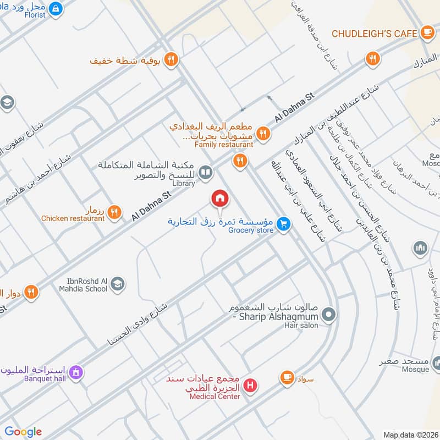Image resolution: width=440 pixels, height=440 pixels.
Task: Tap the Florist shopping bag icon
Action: click(x=56, y=9)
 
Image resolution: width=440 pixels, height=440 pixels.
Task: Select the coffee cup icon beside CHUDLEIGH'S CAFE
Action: click(x=427, y=34)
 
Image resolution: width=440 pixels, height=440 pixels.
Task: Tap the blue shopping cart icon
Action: click(x=283, y=223)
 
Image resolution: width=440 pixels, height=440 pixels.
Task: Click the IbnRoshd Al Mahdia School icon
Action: click(x=117, y=284)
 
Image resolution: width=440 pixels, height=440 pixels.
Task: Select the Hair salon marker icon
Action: click(x=328, y=315)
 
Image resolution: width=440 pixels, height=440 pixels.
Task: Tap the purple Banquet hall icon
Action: click(x=76, y=372)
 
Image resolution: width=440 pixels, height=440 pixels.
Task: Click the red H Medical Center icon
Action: click(x=250, y=386)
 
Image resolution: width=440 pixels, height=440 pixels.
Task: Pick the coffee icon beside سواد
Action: click(x=287, y=377)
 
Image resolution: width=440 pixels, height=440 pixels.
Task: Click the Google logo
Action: click(x=23, y=432)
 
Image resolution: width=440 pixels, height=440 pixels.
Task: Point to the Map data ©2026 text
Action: click(x=410, y=435)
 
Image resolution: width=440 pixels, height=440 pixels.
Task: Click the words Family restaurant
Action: click(x=224, y=145)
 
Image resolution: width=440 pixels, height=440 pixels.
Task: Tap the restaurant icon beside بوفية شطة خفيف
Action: click(x=171, y=59)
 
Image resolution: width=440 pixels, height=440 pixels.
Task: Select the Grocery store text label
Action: click(x=250, y=230)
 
